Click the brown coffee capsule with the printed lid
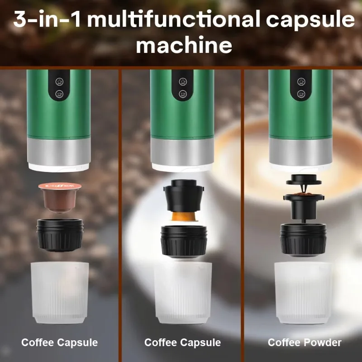pos(59,196)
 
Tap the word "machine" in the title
pos(184,46)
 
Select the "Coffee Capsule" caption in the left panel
pos(59,343)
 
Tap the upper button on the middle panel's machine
pos(183,81)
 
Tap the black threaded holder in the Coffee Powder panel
pos(303,239)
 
